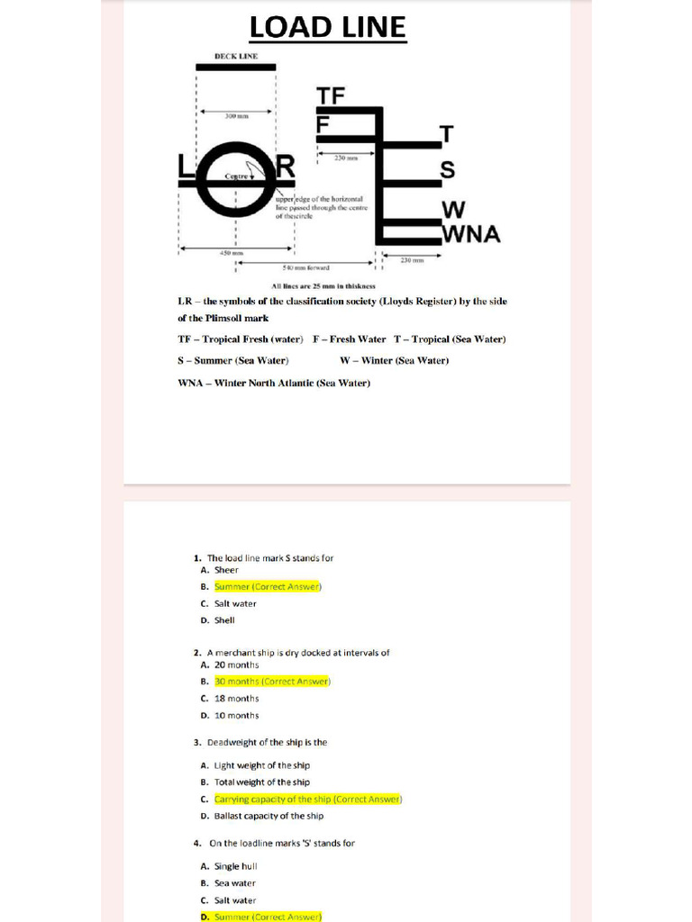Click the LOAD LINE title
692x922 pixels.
tap(327, 27)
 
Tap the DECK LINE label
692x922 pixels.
tap(235, 56)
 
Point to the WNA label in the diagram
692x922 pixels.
tap(470, 234)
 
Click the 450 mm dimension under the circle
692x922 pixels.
tap(232, 253)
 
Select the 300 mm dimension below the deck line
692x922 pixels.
tap(236, 116)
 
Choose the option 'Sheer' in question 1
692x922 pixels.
tap(226, 570)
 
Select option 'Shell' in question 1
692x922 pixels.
tap(224, 620)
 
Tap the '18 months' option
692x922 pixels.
tap(236, 699)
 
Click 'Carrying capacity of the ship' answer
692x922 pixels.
tap(307, 800)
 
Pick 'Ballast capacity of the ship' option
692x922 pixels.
tap(269, 817)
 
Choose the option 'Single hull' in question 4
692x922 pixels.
tap(235, 866)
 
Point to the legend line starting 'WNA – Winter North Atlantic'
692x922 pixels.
tap(274, 383)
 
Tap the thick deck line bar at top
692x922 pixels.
tap(236, 68)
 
